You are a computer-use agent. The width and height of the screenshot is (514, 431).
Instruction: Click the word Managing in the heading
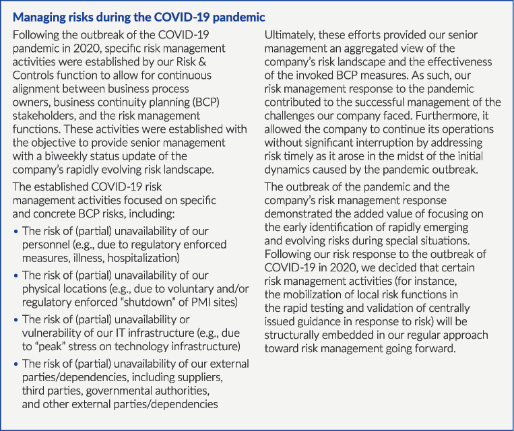click(x=41, y=16)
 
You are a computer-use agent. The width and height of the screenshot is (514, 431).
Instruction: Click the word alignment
click(x=40, y=92)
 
